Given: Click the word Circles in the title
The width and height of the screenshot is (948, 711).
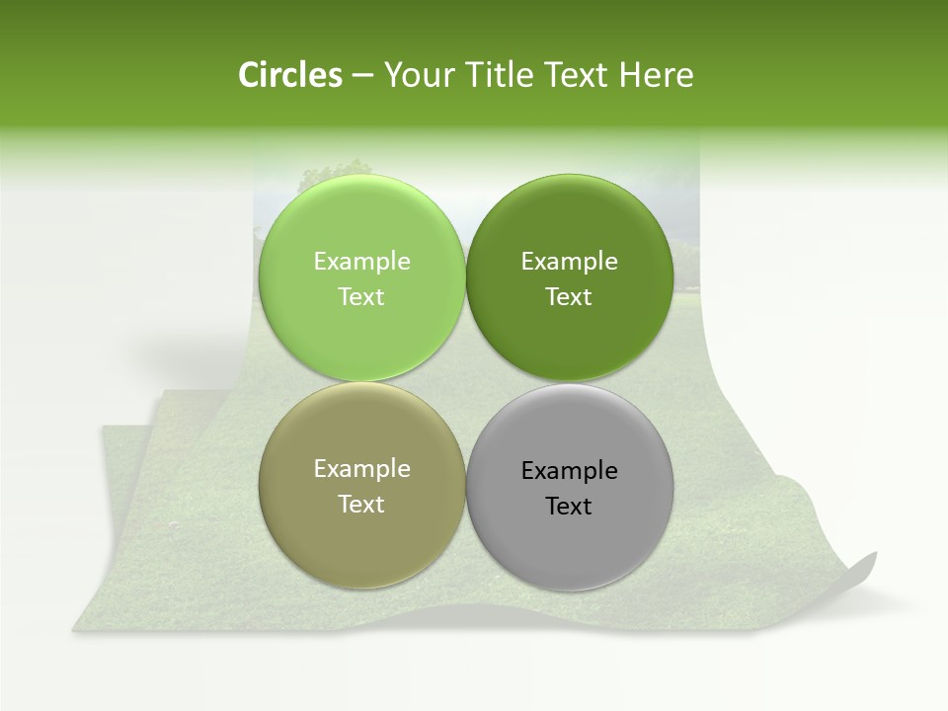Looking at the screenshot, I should tap(289, 75).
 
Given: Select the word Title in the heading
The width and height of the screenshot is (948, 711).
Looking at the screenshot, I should tap(500, 75).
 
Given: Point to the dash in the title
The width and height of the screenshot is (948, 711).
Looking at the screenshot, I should tap(362, 76).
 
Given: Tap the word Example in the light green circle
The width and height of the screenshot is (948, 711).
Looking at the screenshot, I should tap(361, 261).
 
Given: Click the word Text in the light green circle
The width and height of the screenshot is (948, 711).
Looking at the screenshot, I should tap(361, 296).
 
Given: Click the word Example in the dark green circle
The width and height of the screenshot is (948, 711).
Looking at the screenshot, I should tap(570, 261).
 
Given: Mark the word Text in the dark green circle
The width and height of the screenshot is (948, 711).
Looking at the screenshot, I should tap(570, 296).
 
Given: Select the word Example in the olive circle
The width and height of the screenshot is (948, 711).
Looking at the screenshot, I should tap(361, 469).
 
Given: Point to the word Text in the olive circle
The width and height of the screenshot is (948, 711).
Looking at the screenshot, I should tap(361, 504).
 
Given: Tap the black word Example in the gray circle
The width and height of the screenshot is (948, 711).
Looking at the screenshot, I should tap(570, 471).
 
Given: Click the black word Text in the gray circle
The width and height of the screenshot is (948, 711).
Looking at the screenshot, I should tap(570, 506).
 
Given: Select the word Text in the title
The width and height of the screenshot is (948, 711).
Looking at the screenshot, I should tap(578, 75).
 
